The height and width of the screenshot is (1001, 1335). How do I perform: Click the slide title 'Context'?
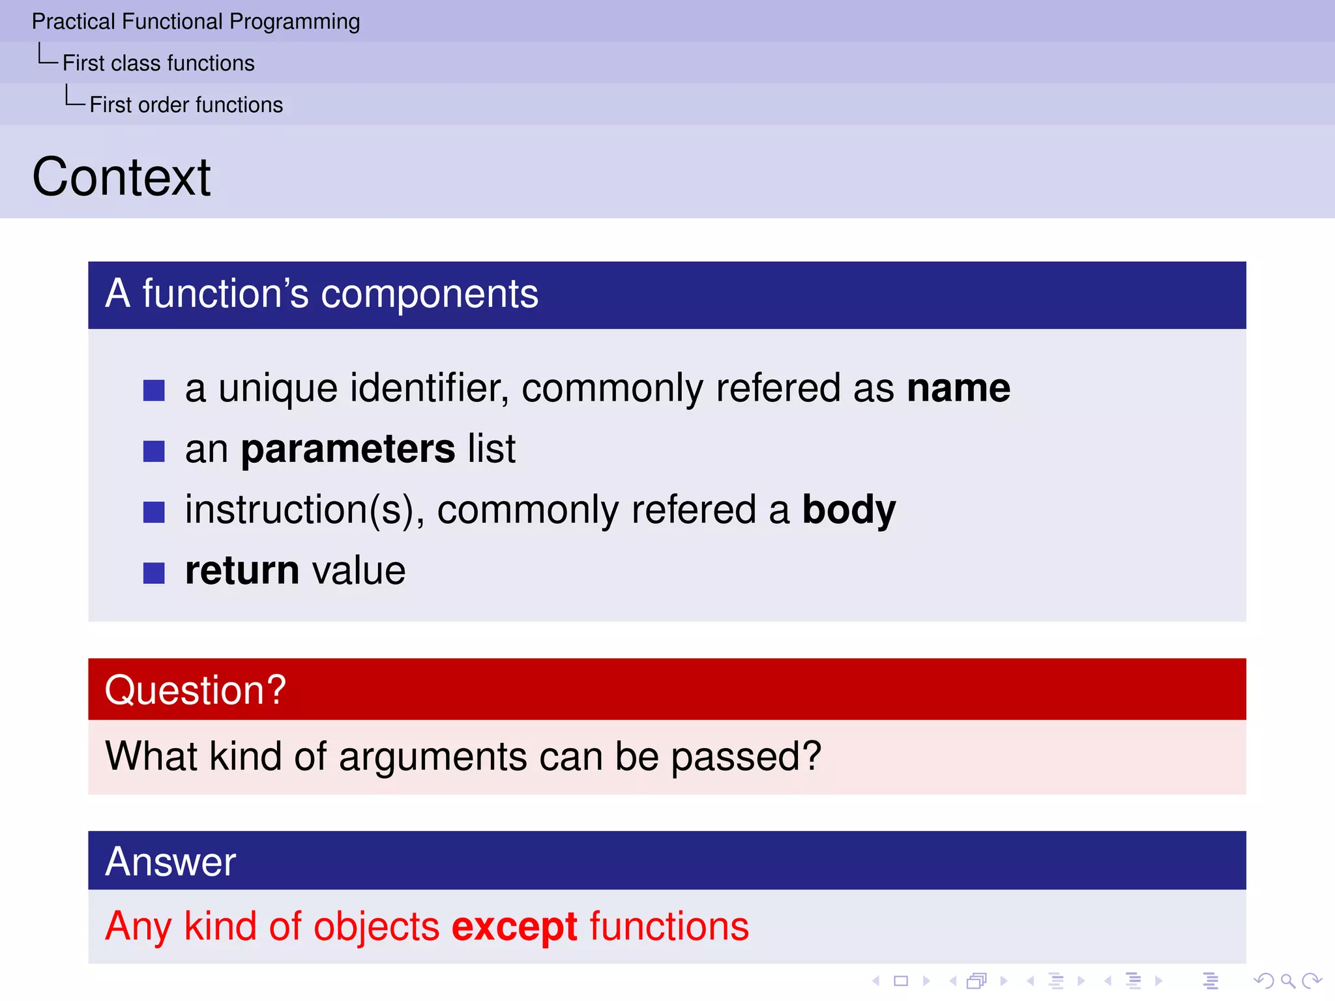tap(122, 177)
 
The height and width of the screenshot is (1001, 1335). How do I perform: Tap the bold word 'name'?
tap(958, 388)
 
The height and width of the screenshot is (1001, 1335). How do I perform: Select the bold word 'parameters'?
tap(348, 449)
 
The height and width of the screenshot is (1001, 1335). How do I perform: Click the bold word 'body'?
tap(849, 510)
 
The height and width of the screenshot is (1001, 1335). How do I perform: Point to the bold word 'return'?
tap(242, 571)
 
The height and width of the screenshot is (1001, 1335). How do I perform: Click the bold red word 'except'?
tap(514, 927)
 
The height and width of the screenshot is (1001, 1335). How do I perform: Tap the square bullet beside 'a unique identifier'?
tap(154, 390)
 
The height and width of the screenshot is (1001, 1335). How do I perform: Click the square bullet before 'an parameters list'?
tap(154, 451)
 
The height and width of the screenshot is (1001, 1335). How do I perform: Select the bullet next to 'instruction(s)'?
tap(154, 512)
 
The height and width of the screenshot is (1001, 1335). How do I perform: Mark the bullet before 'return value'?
tap(154, 573)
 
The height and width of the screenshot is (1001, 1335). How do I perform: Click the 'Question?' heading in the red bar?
tap(196, 689)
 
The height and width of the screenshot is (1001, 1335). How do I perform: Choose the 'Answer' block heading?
tap(171, 862)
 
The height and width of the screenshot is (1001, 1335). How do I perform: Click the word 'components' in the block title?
tap(430, 295)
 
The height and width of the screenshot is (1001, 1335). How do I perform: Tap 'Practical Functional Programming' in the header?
tap(196, 22)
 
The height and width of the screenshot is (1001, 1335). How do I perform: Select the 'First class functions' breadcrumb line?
tap(158, 63)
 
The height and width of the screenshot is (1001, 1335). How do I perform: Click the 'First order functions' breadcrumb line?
tap(186, 105)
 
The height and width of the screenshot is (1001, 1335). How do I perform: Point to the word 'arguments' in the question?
tap(433, 757)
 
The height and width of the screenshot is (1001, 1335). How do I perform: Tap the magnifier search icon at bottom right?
tap(1287, 980)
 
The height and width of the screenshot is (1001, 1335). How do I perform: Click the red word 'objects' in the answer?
tap(377, 927)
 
